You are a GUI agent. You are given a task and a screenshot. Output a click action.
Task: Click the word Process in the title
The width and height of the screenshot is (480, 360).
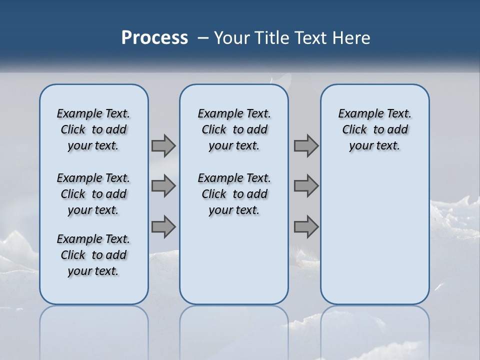pos(154,37)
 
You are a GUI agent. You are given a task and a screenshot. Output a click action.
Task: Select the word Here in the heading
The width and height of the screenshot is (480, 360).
pos(351,38)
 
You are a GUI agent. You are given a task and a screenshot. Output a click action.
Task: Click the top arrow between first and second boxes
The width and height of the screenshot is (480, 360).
pos(163,146)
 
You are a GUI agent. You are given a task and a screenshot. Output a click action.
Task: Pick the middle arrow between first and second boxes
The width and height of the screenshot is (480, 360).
pos(163,186)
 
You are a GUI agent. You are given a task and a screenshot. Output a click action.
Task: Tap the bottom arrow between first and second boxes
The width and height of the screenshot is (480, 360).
pos(163,226)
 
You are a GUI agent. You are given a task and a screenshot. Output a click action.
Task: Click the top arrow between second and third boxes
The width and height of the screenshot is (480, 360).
pos(306,146)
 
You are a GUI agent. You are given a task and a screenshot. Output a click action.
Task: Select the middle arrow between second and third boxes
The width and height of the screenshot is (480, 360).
pos(306,186)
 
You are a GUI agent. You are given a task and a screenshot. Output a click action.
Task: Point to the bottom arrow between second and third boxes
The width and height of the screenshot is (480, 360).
pos(306,226)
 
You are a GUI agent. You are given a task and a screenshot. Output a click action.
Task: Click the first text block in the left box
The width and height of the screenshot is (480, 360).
pos(93,129)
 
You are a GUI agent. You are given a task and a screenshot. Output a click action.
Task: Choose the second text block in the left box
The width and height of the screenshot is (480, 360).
pos(93,194)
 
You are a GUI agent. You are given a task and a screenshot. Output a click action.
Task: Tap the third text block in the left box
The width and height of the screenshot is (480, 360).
pos(93,255)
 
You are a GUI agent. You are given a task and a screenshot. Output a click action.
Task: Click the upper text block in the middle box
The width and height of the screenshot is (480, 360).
pos(234,129)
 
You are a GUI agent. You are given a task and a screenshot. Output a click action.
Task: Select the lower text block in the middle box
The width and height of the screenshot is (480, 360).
pos(234,194)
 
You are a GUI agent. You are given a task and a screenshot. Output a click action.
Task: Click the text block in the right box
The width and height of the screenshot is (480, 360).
pos(374,129)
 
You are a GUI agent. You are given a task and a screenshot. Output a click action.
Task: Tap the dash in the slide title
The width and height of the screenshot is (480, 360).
pos(202,38)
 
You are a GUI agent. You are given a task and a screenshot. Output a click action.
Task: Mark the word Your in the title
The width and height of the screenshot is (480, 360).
pos(232,38)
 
